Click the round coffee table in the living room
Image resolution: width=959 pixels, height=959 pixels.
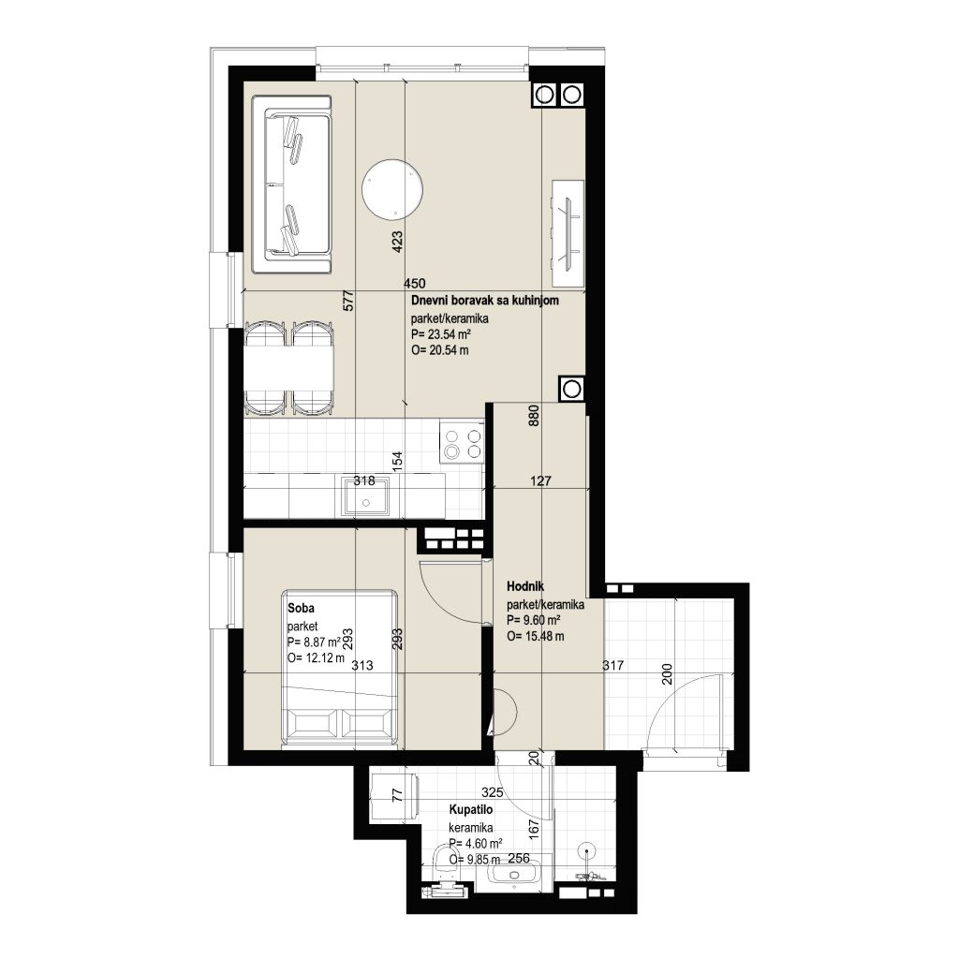(x=392, y=189)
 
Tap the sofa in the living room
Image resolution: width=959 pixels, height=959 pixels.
(x=292, y=184)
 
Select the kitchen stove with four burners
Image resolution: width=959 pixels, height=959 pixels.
(x=463, y=444)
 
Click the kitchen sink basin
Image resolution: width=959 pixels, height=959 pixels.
(x=366, y=496)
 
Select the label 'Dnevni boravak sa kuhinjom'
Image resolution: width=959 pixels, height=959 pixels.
(x=485, y=301)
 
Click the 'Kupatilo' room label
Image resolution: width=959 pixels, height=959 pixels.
(x=471, y=810)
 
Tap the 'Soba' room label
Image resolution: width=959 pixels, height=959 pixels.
(x=301, y=608)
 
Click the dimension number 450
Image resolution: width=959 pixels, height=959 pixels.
(x=415, y=283)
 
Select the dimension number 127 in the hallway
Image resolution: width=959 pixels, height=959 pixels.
(x=540, y=481)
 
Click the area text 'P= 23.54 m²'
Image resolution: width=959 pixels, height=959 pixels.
(x=441, y=334)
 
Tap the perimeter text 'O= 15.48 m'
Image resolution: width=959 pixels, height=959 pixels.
(x=536, y=636)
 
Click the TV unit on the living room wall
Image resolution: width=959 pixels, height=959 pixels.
(x=568, y=233)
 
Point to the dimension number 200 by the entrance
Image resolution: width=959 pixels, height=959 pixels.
(x=667, y=674)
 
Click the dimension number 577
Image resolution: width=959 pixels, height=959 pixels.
(x=348, y=301)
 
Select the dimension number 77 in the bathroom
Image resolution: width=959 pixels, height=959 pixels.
(x=397, y=795)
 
